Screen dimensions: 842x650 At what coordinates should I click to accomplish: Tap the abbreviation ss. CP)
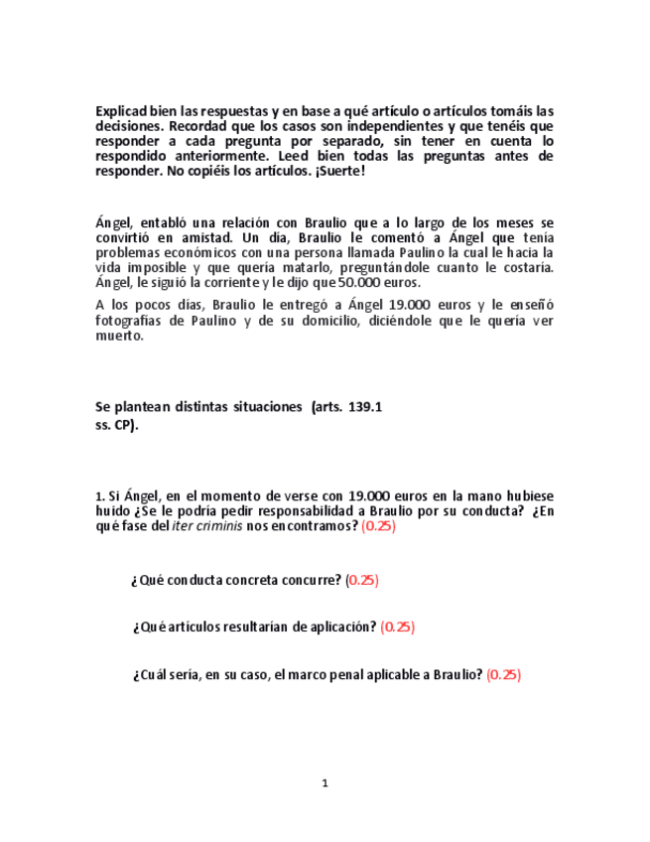click(117, 425)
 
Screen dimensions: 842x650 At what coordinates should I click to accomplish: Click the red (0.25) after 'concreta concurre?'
click(362, 580)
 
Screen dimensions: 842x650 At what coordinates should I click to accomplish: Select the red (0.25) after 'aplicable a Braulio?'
click(503, 674)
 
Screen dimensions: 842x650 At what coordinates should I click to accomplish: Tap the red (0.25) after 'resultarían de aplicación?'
click(398, 627)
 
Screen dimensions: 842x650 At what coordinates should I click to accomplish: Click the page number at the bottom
click(325, 783)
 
